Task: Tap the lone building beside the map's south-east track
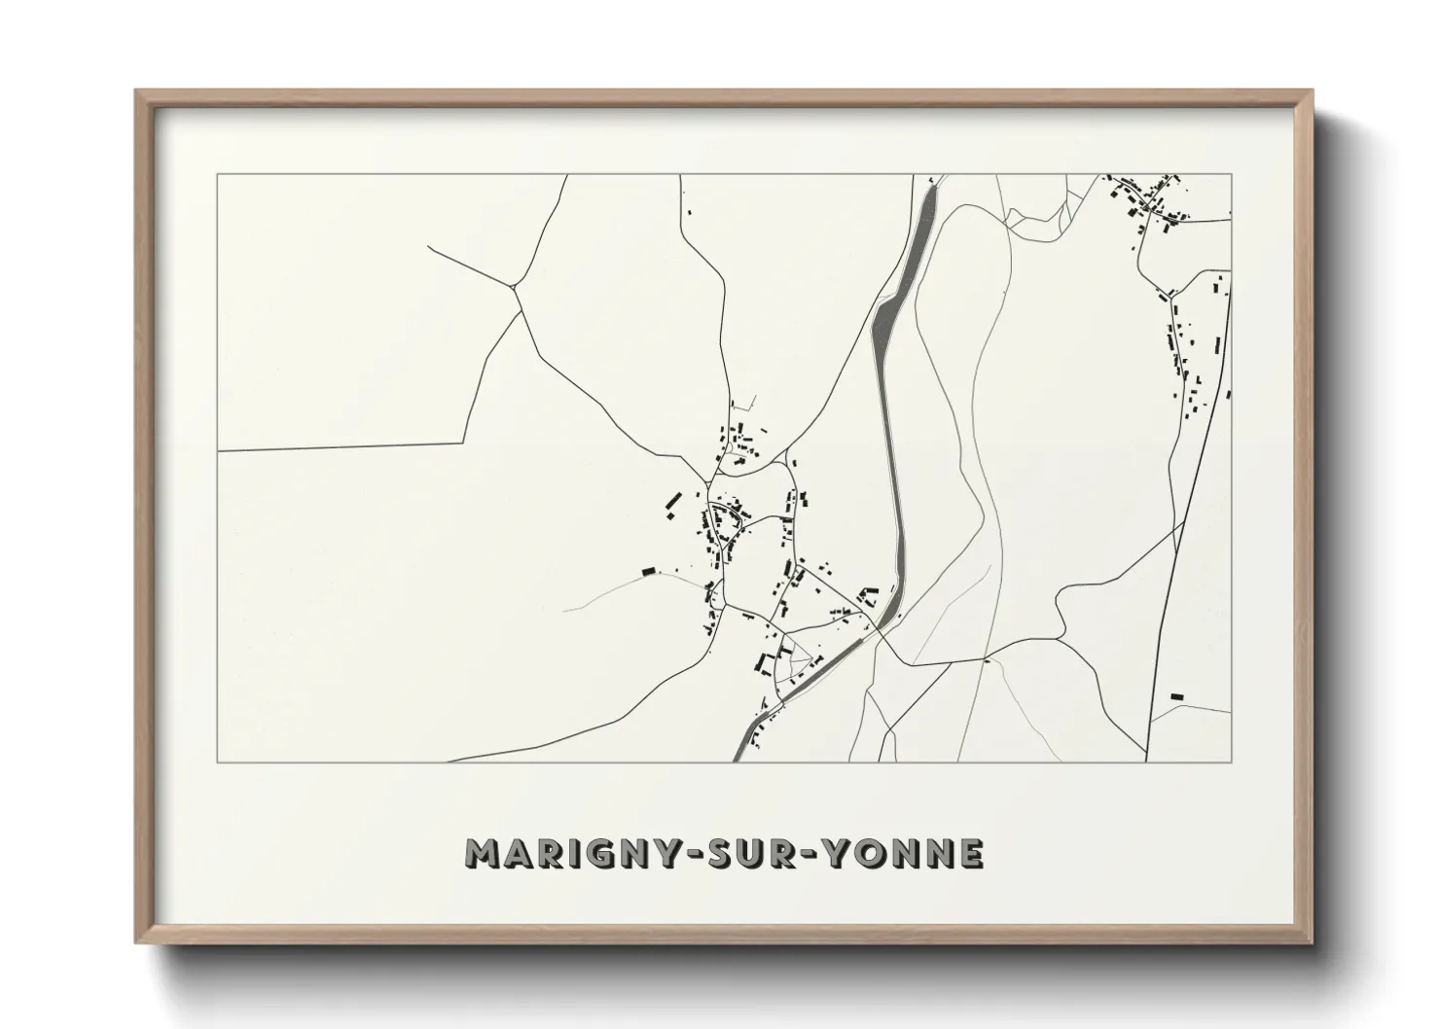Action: pos(1176,696)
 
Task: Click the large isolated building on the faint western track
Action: pos(648,571)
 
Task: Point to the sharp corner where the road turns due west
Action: pos(463,443)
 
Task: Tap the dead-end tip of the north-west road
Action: pos(428,246)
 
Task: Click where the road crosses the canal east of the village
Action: pos(878,627)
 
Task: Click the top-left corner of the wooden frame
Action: pos(136,91)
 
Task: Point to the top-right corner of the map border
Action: pos(1231,175)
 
